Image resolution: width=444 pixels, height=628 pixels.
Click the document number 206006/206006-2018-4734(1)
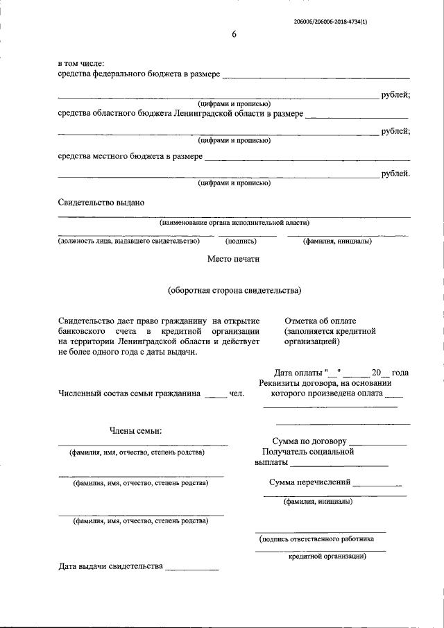(x=330, y=22)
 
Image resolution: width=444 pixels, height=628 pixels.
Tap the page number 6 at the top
(x=234, y=35)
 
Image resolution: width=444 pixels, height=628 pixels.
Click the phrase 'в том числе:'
(x=81, y=63)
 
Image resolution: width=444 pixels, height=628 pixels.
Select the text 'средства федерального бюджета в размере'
(x=139, y=74)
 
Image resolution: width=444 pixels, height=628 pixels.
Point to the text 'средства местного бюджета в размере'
(x=130, y=156)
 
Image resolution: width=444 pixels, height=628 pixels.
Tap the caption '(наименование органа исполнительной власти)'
(x=234, y=223)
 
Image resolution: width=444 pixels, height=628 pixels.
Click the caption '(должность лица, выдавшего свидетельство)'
(x=128, y=241)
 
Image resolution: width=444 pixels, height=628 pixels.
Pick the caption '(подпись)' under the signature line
(x=242, y=241)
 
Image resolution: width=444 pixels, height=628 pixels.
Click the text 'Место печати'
(x=234, y=260)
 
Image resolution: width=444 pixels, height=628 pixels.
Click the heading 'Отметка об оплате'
(x=320, y=321)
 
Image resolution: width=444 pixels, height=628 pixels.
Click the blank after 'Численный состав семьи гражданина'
(x=215, y=394)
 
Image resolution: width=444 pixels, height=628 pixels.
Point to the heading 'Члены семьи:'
(x=135, y=432)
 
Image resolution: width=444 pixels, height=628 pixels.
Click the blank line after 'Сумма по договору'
(x=378, y=442)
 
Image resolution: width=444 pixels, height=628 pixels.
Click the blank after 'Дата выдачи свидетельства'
(x=191, y=567)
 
